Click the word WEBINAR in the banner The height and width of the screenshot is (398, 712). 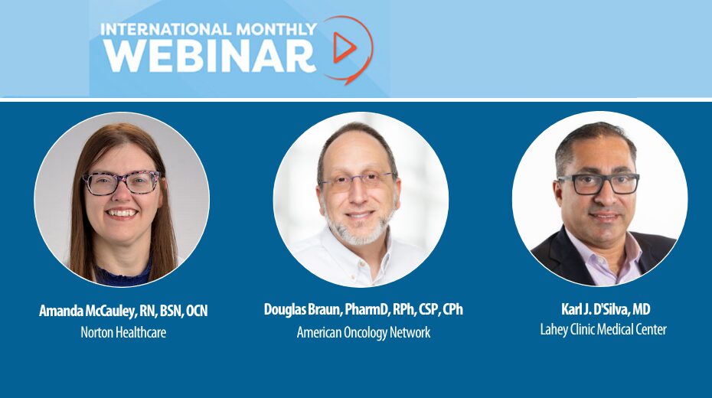pyautogui.click(x=210, y=55)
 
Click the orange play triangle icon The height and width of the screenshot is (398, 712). pyautogui.click(x=345, y=47)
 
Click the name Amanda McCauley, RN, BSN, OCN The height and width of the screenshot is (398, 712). pyautogui.click(x=123, y=312)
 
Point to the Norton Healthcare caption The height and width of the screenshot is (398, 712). pyautogui.click(x=123, y=332)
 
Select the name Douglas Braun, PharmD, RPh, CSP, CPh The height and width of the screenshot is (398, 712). pyautogui.click(x=363, y=310)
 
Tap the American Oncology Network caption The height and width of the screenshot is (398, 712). pyautogui.click(x=363, y=332)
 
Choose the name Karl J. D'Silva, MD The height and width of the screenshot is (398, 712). pyautogui.click(x=606, y=309)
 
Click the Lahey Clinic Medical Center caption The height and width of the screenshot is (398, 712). pyautogui.click(x=603, y=329)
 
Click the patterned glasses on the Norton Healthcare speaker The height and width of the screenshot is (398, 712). pyautogui.click(x=122, y=183)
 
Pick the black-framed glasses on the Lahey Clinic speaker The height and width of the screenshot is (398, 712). pyautogui.click(x=599, y=184)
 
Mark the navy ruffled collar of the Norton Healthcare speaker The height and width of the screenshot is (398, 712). pyautogui.click(x=122, y=275)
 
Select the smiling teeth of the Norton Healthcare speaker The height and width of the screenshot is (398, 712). pyautogui.click(x=121, y=212)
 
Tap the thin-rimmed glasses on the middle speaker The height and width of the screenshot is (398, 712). pyautogui.click(x=358, y=181)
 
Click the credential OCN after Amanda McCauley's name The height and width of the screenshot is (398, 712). pyautogui.click(x=197, y=312)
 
